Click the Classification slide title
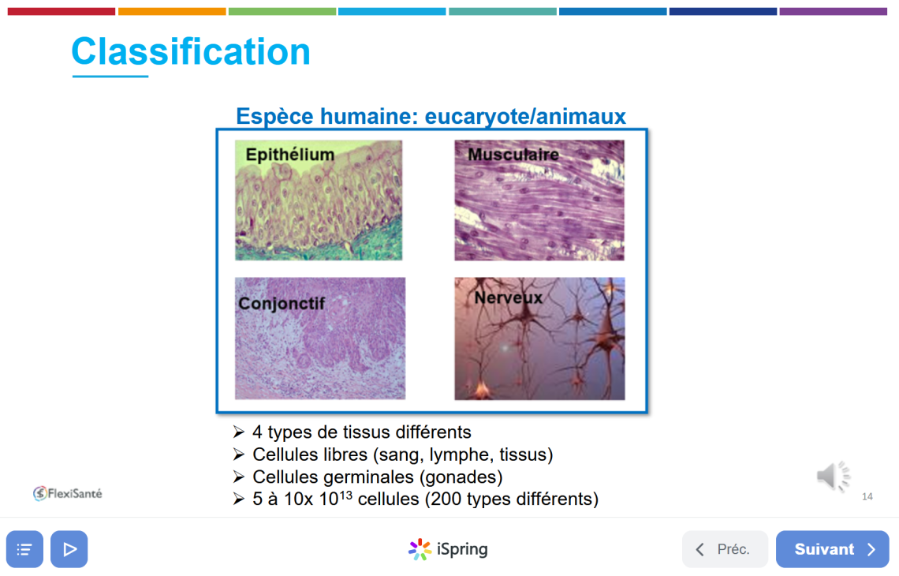click(191, 51)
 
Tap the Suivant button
click(833, 549)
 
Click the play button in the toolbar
click(69, 549)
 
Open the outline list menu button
click(24, 549)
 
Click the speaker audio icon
click(833, 476)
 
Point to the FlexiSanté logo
click(68, 493)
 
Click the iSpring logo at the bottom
click(448, 549)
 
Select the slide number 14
click(867, 497)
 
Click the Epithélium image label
click(289, 155)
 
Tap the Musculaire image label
click(513, 155)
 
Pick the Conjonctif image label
click(282, 304)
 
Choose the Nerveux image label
click(508, 297)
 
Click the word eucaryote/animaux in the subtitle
click(525, 117)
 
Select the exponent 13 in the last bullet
click(345, 494)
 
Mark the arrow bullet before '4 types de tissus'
click(239, 432)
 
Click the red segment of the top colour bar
click(62, 12)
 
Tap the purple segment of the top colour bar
click(833, 12)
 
